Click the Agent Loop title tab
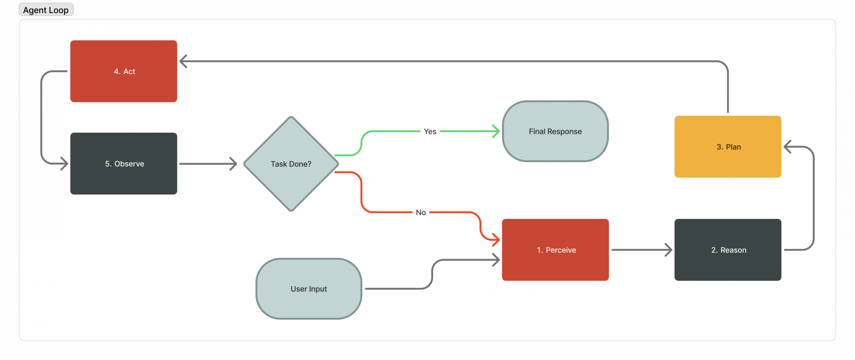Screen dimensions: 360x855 point(46,10)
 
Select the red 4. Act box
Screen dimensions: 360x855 point(124,71)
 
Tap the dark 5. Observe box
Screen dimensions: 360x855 point(124,164)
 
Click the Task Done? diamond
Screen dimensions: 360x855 point(291,164)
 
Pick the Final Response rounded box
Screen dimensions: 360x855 point(555,131)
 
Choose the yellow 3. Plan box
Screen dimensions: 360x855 point(728,147)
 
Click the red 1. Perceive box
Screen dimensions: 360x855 point(555,250)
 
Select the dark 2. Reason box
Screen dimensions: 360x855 point(728,250)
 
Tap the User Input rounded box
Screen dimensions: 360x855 point(309,289)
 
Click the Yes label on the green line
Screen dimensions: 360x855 point(430,132)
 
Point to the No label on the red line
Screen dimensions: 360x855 point(420,212)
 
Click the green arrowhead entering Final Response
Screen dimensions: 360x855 point(496,131)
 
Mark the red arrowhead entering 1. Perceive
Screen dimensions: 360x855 point(496,239)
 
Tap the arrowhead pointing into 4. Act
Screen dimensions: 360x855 point(183,61)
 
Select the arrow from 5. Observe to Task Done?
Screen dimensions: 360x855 point(207,164)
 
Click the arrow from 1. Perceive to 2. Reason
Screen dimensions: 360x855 point(641,250)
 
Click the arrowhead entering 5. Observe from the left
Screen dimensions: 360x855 point(64,164)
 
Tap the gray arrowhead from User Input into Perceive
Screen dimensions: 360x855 point(496,260)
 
